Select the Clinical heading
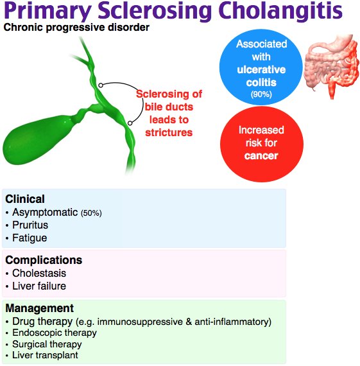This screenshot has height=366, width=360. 25,199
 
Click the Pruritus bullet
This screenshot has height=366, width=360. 30,225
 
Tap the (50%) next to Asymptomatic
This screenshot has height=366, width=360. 90,213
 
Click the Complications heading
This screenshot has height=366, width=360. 44,260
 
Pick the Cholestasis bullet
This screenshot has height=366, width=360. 38,274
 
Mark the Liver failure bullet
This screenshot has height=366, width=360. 39,286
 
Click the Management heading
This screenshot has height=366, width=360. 39,308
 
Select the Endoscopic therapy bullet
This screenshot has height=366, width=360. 54,333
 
